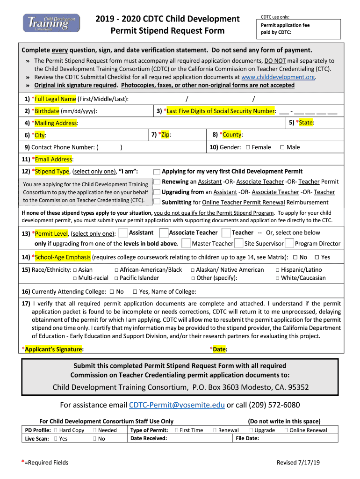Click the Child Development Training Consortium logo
pyautogui.click(x=51, y=22)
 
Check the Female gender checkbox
pyautogui.click(x=248, y=147)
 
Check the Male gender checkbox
pyautogui.click(x=282, y=147)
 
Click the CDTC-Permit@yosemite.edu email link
pyautogui.click(x=177, y=405)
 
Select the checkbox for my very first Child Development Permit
pyautogui.click(x=157, y=172)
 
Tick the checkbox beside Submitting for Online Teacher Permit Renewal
pyautogui.click(x=157, y=202)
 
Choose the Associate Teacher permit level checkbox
pyautogui.click(x=164, y=233)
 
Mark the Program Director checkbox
pyautogui.click(x=289, y=243)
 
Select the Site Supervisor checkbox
pyautogui.click(x=238, y=243)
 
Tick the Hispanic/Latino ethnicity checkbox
pyautogui.click(x=277, y=270)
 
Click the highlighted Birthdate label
pyautogui.click(x=47, y=111)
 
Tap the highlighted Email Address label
pyautogui.click(x=54, y=160)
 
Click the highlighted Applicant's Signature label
pyautogui.click(x=54, y=349)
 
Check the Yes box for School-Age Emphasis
pyautogui.click(x=317, y=257)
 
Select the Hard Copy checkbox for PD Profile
pyautogui.click(x=56, y=430)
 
